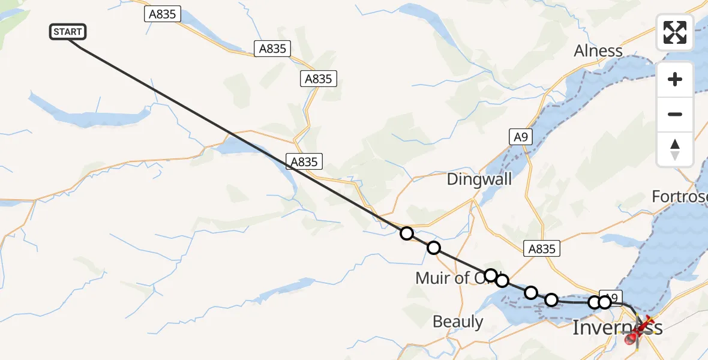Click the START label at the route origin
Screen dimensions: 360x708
click(68, 32)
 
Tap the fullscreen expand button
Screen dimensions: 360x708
click(675, 32)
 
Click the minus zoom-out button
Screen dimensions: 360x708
click(675, 114)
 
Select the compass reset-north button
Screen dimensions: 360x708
click(675, 149)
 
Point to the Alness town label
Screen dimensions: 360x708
click(598, 50)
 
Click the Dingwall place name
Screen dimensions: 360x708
click(479, 179)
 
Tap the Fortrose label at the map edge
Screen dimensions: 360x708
click(680, 196)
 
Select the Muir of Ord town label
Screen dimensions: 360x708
click(450, 278)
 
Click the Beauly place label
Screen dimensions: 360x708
click(458, 322)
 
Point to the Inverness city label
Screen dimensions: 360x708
click(617, 328)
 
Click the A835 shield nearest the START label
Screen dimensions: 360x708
click(163, 14)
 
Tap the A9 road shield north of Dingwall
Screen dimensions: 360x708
click(520, 137)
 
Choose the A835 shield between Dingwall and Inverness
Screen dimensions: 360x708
click(542, 248)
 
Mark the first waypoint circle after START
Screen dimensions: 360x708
click(407, 233)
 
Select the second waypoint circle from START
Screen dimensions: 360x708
click(433, 248)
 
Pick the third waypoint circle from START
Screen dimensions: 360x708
click(491, 275)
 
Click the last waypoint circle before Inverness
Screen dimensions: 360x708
click(604, 302)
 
